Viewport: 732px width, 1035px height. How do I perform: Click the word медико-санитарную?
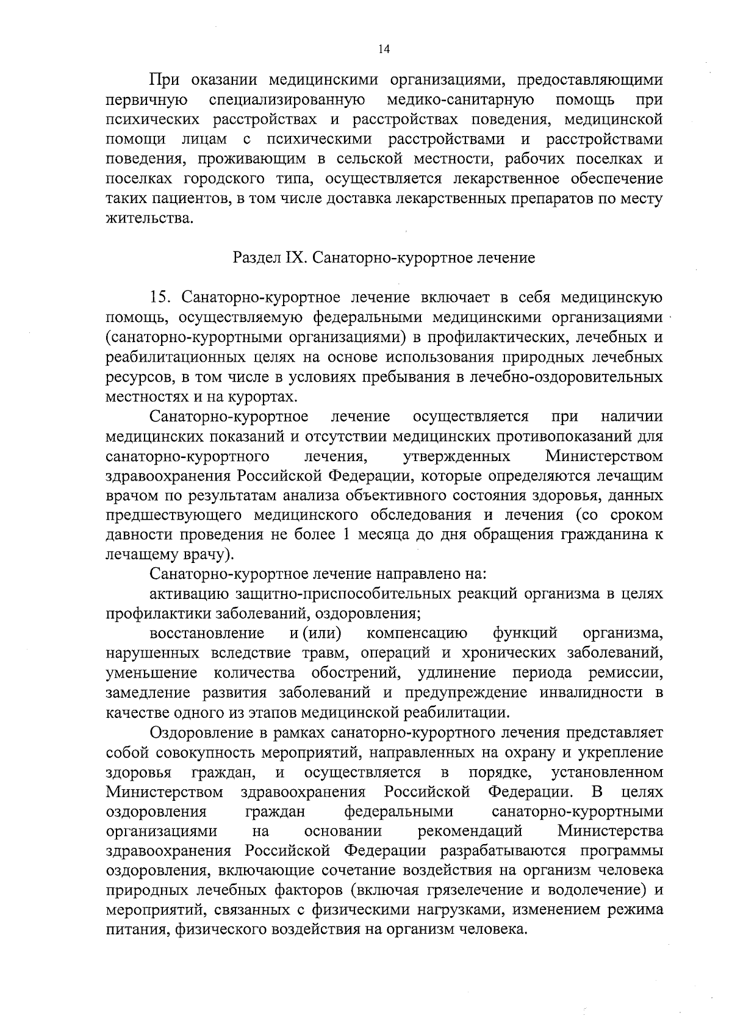pos(461,99)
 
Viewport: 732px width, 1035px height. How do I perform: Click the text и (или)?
pos(315,634)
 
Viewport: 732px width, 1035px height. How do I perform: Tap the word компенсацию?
pos(417,634)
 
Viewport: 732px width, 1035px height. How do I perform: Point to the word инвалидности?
pos(591,693)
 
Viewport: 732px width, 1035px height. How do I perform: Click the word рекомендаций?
pos(471,831)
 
